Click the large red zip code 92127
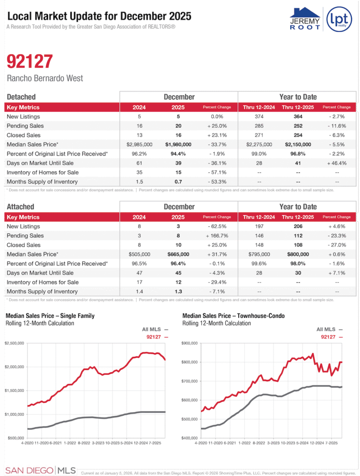tap(30, 61)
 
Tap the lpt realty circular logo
tap(339, 20)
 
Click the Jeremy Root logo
tap(305, 19)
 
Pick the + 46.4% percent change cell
tap(336, 163)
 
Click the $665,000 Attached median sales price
tap(177, 254)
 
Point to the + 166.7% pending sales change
tap(217, 236)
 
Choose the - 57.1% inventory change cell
tap(217, 172)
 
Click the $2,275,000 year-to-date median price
tap(259, 145)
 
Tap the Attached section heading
tap(20, 206)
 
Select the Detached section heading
tap(21, 97)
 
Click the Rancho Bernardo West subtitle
tap(45, 78)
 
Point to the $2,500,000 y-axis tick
tap(15, 343)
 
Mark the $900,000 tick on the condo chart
tap(190, 343)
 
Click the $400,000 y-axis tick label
tap(190, 438)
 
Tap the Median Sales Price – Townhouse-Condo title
tap(234, 316)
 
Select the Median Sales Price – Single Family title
tap(50, 316)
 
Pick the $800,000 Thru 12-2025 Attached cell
tap(298, 254)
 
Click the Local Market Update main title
tap(99, 16)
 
